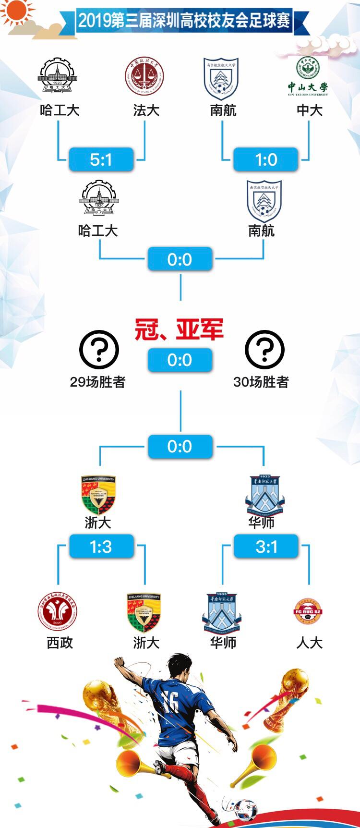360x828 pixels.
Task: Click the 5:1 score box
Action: (101, 159)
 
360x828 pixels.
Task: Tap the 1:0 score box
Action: (266, 159)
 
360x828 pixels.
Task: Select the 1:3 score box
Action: (101, 547)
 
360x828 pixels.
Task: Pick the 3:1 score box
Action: (266, 547)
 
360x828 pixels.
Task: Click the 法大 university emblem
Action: (144, 77)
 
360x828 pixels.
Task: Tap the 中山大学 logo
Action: (308, 77)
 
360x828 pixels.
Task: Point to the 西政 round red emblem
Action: (58, 611)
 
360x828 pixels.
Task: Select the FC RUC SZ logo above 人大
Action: (308, 611)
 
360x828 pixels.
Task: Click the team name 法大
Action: (146, 110)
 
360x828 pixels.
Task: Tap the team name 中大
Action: (309, 110)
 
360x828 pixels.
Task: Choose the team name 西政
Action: (60, 643)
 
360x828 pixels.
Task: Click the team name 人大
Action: (309, 643)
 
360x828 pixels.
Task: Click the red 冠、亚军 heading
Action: (179, 330)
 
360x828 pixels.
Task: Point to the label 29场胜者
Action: (97, 382)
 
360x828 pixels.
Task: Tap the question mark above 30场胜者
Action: (264, 350)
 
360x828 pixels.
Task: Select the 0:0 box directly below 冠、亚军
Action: (180, 360)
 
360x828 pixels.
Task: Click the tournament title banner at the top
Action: (184, 21)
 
